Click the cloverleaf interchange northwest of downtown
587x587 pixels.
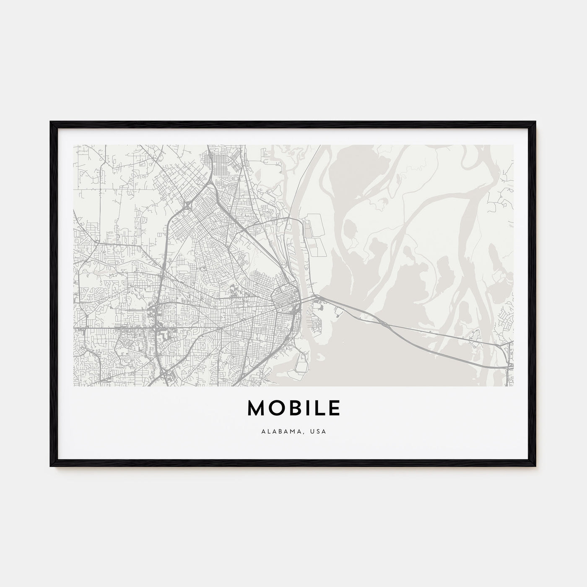pos(186,205)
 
